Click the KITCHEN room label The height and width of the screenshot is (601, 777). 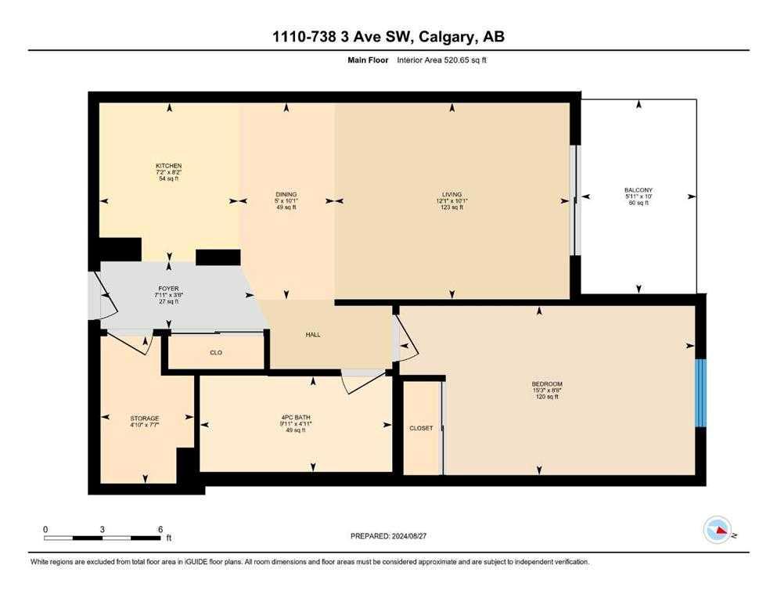tap(168, 165)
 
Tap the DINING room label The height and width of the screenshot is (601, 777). tap(286, 194)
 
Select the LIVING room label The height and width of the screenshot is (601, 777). tap(452, 194)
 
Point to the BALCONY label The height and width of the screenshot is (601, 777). tap(639, 189)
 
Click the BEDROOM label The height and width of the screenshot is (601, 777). tap(547, 384)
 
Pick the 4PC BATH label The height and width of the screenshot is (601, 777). tap(296, 417)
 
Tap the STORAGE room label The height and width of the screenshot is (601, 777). tap(145, 418)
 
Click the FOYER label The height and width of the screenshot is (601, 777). tap(168, 288)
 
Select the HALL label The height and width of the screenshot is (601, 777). tap(313, 335)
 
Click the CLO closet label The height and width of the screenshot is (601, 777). tap(216, 353)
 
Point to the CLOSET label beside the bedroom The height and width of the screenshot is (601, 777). tap(421, 428)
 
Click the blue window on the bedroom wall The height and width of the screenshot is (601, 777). tap(700, 393)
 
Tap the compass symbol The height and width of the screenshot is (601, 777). tap(718, 530)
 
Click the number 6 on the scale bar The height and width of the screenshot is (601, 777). tap(160, 529)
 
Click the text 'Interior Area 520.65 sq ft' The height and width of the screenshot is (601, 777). tap(441, 60)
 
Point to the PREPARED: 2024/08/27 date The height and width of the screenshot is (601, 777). tap(388, 536)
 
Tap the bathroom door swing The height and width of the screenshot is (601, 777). tap(364, 382)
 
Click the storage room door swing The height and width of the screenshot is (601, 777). tap(130, 344)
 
